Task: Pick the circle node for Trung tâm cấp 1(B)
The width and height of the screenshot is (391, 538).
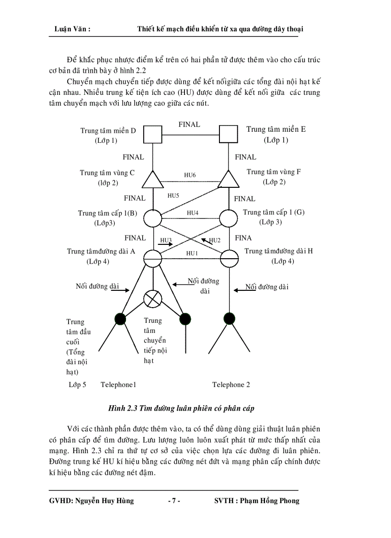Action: (152, 218)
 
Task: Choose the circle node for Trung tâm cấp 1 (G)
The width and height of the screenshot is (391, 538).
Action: (229, 218)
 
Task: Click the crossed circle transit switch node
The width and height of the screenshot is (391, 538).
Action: (152, 299)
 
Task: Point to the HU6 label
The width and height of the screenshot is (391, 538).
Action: (190, 175)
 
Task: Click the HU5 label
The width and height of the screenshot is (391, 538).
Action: (173, 195)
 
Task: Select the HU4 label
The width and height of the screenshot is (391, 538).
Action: (192, 212)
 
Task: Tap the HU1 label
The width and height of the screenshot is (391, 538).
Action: (192, 253)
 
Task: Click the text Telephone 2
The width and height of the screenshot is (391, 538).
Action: (231, 385)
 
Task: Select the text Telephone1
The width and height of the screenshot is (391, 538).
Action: (118, 385)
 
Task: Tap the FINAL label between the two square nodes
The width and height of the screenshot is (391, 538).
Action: (189, 125)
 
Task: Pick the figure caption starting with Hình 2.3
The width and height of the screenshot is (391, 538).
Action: (181, 409)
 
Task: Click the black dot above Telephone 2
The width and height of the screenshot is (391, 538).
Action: (230, 318)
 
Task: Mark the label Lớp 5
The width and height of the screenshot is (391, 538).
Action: (77, 385)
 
